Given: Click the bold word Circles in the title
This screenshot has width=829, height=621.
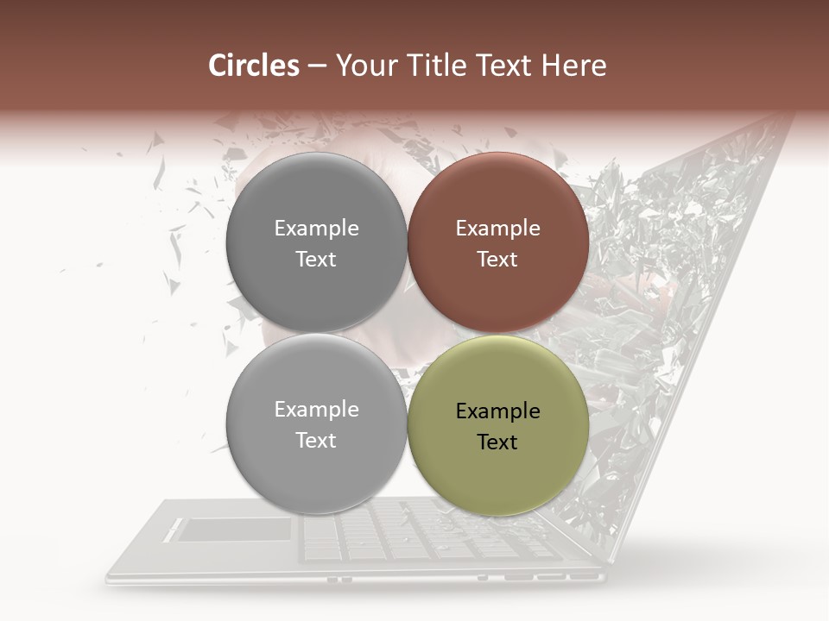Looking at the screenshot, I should (x=253, y=66).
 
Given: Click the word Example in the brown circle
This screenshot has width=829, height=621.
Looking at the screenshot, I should (x=497, y=229).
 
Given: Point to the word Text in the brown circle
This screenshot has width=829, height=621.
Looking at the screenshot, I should (x=497, y=260).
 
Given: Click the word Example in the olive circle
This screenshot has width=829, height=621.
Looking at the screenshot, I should (x=497, y=411).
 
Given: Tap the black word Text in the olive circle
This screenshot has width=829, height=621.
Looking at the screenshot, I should (x=497, y=442).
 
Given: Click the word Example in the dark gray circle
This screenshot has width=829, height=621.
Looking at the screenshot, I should (x=316, y=229).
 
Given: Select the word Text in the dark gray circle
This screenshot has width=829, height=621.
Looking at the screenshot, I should (x=316, y=260).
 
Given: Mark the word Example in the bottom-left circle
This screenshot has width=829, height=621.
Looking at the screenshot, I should (x=316, y=410).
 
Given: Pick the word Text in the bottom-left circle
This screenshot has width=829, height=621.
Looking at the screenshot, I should (x=316, y=441).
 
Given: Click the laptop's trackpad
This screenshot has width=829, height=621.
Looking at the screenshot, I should (x=234, y=530).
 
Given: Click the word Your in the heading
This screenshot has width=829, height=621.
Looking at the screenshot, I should (x=365, y=66).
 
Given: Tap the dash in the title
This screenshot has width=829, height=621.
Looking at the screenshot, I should (x=318, y=66).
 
